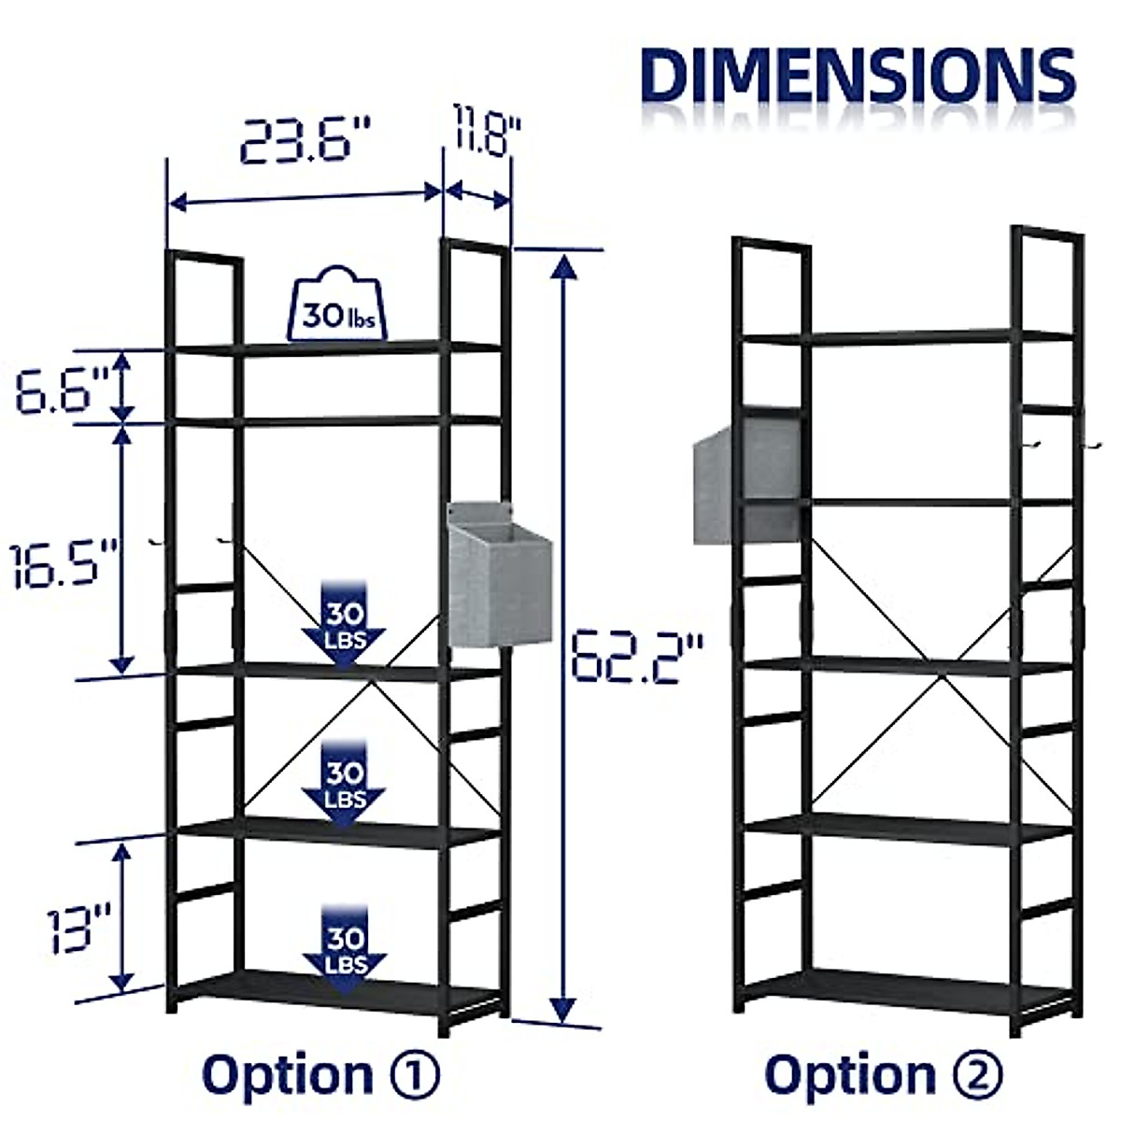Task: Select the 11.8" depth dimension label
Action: [x=487, y=132]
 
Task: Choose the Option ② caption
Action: [x=884, y=1074]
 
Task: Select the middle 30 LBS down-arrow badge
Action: [x=344, y=783]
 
